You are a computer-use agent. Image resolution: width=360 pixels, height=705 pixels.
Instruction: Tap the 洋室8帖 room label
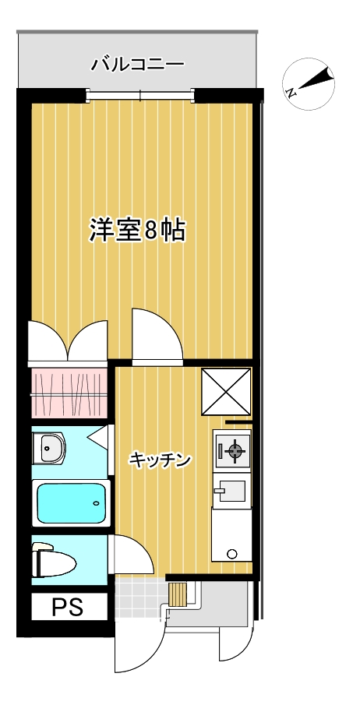pos(136,231)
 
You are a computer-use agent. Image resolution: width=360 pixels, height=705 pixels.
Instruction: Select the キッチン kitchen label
pos(161,460)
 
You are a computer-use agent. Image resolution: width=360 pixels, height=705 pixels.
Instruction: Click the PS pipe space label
pos(69,607)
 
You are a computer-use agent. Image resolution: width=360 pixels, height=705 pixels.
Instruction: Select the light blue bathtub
pos(69,503)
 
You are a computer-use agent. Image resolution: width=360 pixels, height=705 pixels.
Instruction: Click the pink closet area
pos(69,393)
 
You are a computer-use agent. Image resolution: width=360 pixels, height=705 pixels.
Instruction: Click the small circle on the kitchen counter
pos(231,554)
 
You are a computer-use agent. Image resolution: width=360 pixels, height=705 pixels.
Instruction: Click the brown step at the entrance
pos(178,594)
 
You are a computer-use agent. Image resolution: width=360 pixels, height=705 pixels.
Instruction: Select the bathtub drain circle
pos(96,503)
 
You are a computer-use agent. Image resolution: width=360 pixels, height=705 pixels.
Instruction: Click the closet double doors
pos(69,341)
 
